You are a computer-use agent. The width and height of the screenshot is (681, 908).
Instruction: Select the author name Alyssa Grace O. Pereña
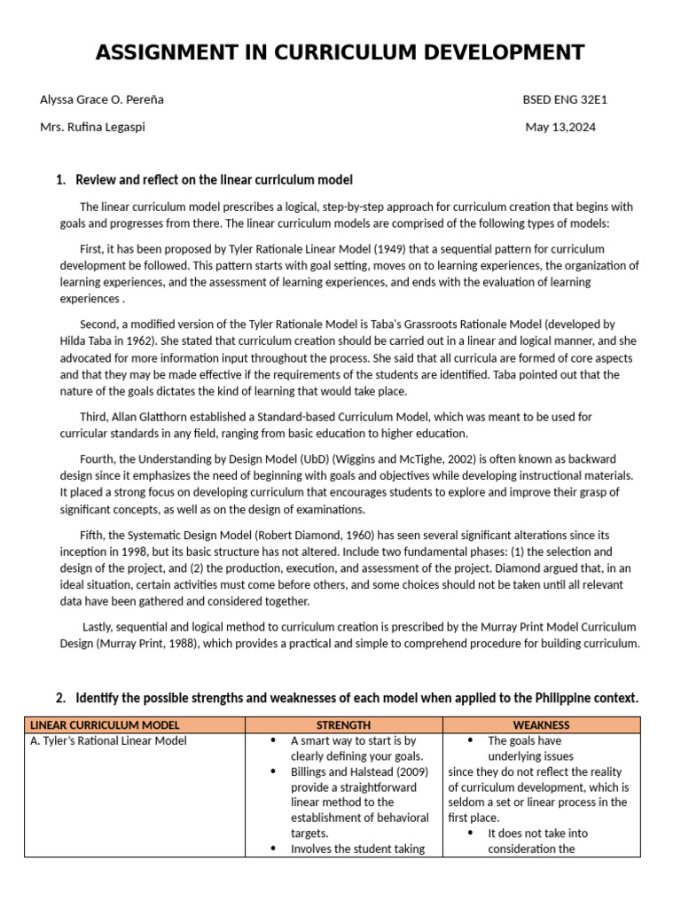pyautogui.click(x=102, y=99)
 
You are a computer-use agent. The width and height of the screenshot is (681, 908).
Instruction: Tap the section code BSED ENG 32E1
pyautogui.click(x=565, y=99)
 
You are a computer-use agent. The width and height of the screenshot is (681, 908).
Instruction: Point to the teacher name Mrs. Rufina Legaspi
pyautogui.click(x=92, y=127)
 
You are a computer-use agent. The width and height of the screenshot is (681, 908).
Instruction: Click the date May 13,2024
pyautogui.click(x=560, y=127)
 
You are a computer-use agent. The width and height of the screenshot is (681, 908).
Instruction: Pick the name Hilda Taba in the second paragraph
pyautogui.click(x=90, y=341)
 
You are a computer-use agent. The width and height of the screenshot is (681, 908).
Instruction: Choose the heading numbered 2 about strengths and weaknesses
pyautogui.click(x=356, y=698)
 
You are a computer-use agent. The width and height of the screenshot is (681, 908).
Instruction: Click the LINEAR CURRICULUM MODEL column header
pyautogui.click(x=104, y=725)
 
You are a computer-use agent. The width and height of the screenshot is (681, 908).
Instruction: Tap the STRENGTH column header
pyautogui.click(x=343, y=725)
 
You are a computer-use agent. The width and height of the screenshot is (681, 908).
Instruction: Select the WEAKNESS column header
pyautogui.click(x=541, y=725)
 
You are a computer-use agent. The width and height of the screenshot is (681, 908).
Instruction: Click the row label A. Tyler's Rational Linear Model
pyautogui.click(x=108, y=741)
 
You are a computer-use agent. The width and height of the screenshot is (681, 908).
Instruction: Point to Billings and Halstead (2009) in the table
pyautogui.click(x=359, y=771)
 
